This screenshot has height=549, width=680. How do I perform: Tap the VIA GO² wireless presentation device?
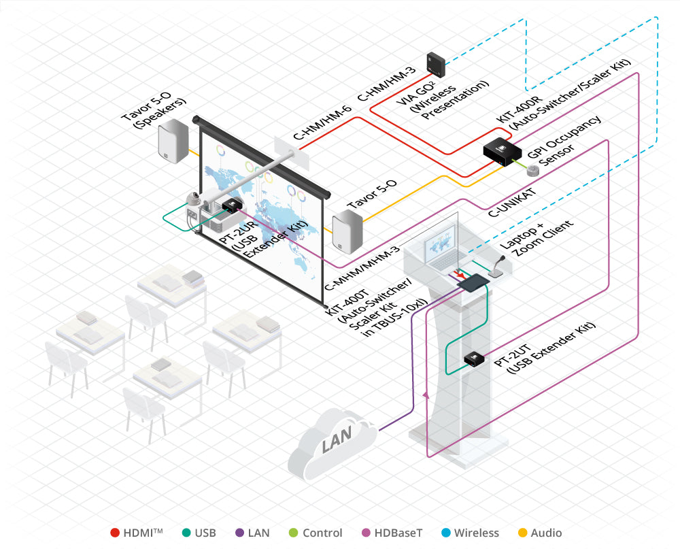436,63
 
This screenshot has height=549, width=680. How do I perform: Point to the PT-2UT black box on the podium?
473,358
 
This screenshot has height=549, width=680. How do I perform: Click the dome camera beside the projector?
194,199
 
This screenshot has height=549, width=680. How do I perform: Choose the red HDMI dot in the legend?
116,533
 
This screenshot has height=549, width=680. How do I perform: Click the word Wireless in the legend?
476,533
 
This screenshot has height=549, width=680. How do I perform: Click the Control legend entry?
321,533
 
